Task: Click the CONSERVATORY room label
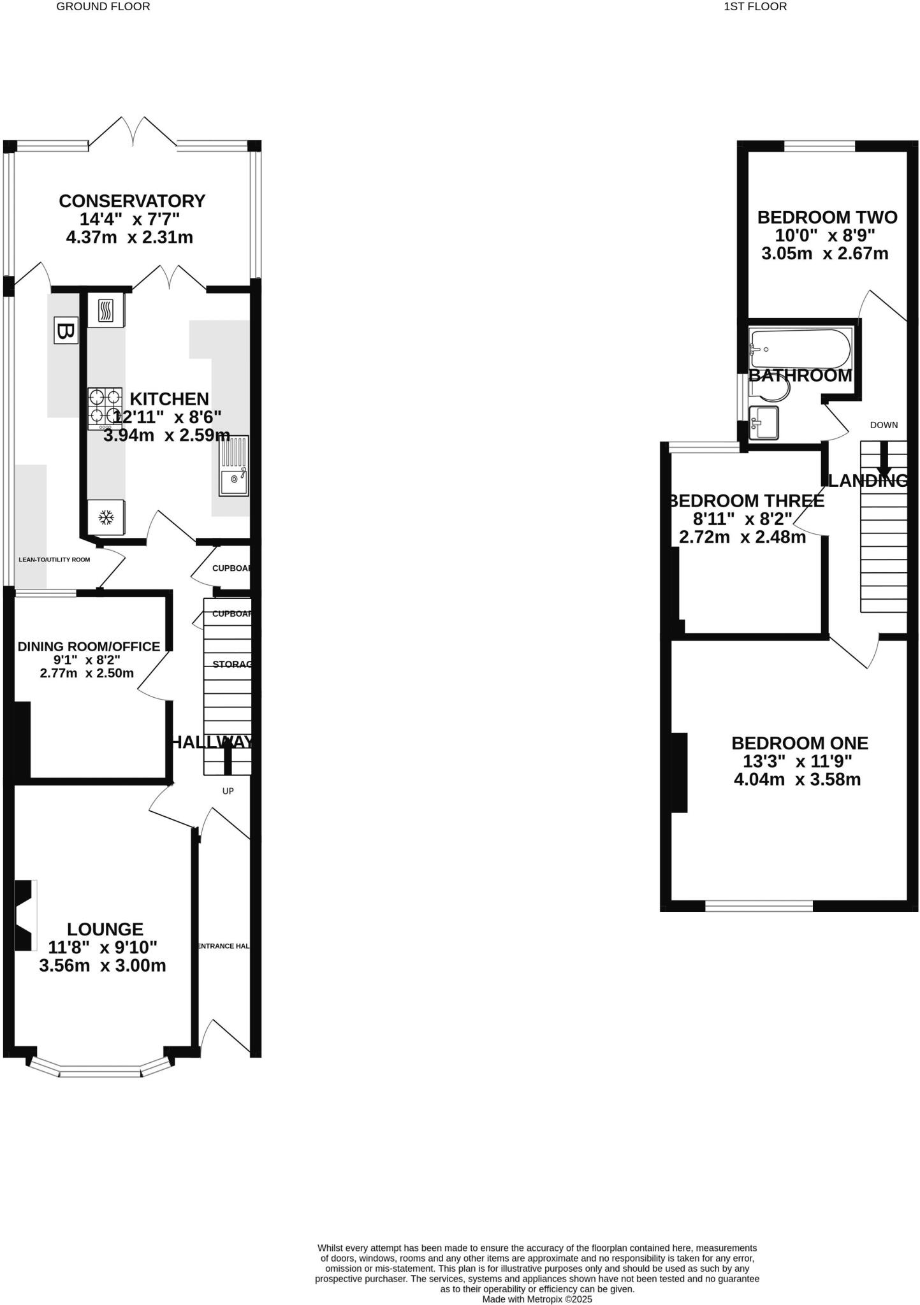click(132, 201)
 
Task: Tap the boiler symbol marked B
click(65, 330)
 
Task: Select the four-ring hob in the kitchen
click(105, 407)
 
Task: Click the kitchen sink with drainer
click(234, 466)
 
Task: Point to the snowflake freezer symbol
click(106, 517)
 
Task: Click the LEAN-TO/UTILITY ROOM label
click(54, 559)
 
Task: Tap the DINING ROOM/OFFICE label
click(89, 647)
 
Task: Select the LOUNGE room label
click(105, 929)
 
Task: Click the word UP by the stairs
click(228, 791)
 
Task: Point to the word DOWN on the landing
click(884, 425)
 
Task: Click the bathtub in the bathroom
click(800, 348)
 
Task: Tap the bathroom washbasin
click(764, 422)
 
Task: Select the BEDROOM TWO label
click(827, 217)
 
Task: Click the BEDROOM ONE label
click(800, 743)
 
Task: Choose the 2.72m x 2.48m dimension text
click(742, 537)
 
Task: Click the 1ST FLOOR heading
click(755, 7)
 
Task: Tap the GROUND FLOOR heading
click(103, 7)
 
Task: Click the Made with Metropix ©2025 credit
click(537, 1299)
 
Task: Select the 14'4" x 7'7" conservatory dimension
click(129, 219)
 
